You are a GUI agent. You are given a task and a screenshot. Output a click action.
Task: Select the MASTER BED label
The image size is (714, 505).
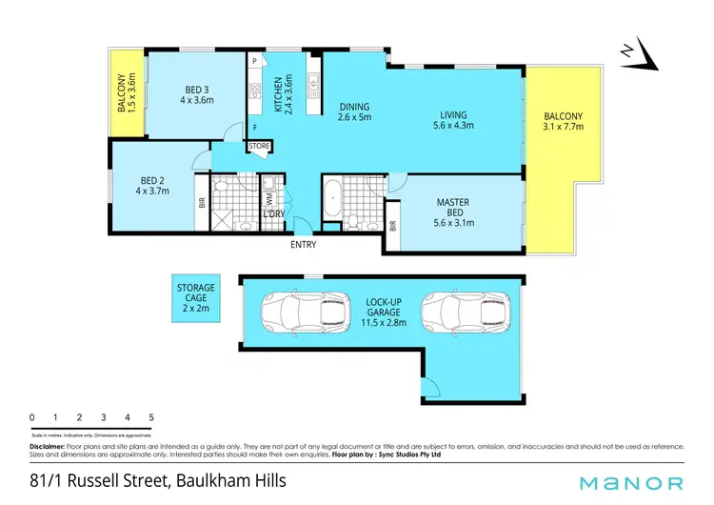pyautogui.click(x=453, y=209)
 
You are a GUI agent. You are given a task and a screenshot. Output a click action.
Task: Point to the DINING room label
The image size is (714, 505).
pyautogui.click(x=354, y=112)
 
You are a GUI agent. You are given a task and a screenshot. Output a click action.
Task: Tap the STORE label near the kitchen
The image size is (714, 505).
pyautogui.click(x=260, y=146)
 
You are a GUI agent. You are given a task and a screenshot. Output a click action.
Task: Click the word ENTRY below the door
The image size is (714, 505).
pyautogui.click(x=304, y=245)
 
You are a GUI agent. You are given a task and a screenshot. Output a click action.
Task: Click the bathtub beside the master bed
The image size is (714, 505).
pyautogui.click(x=332, y=199)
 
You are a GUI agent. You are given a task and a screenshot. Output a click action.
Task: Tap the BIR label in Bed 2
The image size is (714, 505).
pyautogui.click(x=201, y=202)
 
